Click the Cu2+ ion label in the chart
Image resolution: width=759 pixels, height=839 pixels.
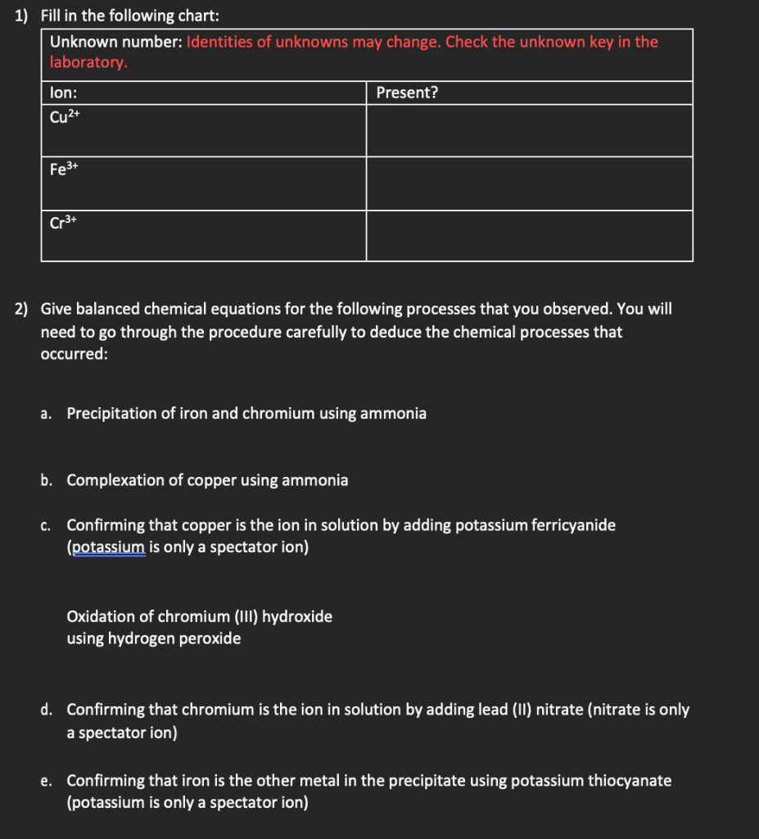click(x=65, y=116)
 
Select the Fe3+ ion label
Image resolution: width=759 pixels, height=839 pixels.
click(x=64, y=170)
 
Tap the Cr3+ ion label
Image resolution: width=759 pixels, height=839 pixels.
click(x=63, y=223)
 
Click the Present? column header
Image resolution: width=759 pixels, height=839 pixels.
click(x=407, y=93)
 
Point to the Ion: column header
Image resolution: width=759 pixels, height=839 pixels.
click(x=63, y=93)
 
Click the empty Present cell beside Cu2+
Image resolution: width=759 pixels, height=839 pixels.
click(x=529, y=130)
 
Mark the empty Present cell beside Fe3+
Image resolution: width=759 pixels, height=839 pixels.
click(x=529, y=184)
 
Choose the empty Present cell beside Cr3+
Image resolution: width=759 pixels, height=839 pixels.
click(x=529, y=236)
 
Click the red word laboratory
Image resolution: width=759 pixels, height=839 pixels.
click(x=88, y=63)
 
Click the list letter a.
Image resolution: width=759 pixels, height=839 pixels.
click(x=46, y=414)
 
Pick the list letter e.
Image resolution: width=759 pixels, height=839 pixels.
click(x=46, y=781)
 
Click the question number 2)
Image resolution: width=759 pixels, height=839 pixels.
click(x=21, y=309)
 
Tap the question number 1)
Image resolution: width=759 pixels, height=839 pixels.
click(x=21, y=16)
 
